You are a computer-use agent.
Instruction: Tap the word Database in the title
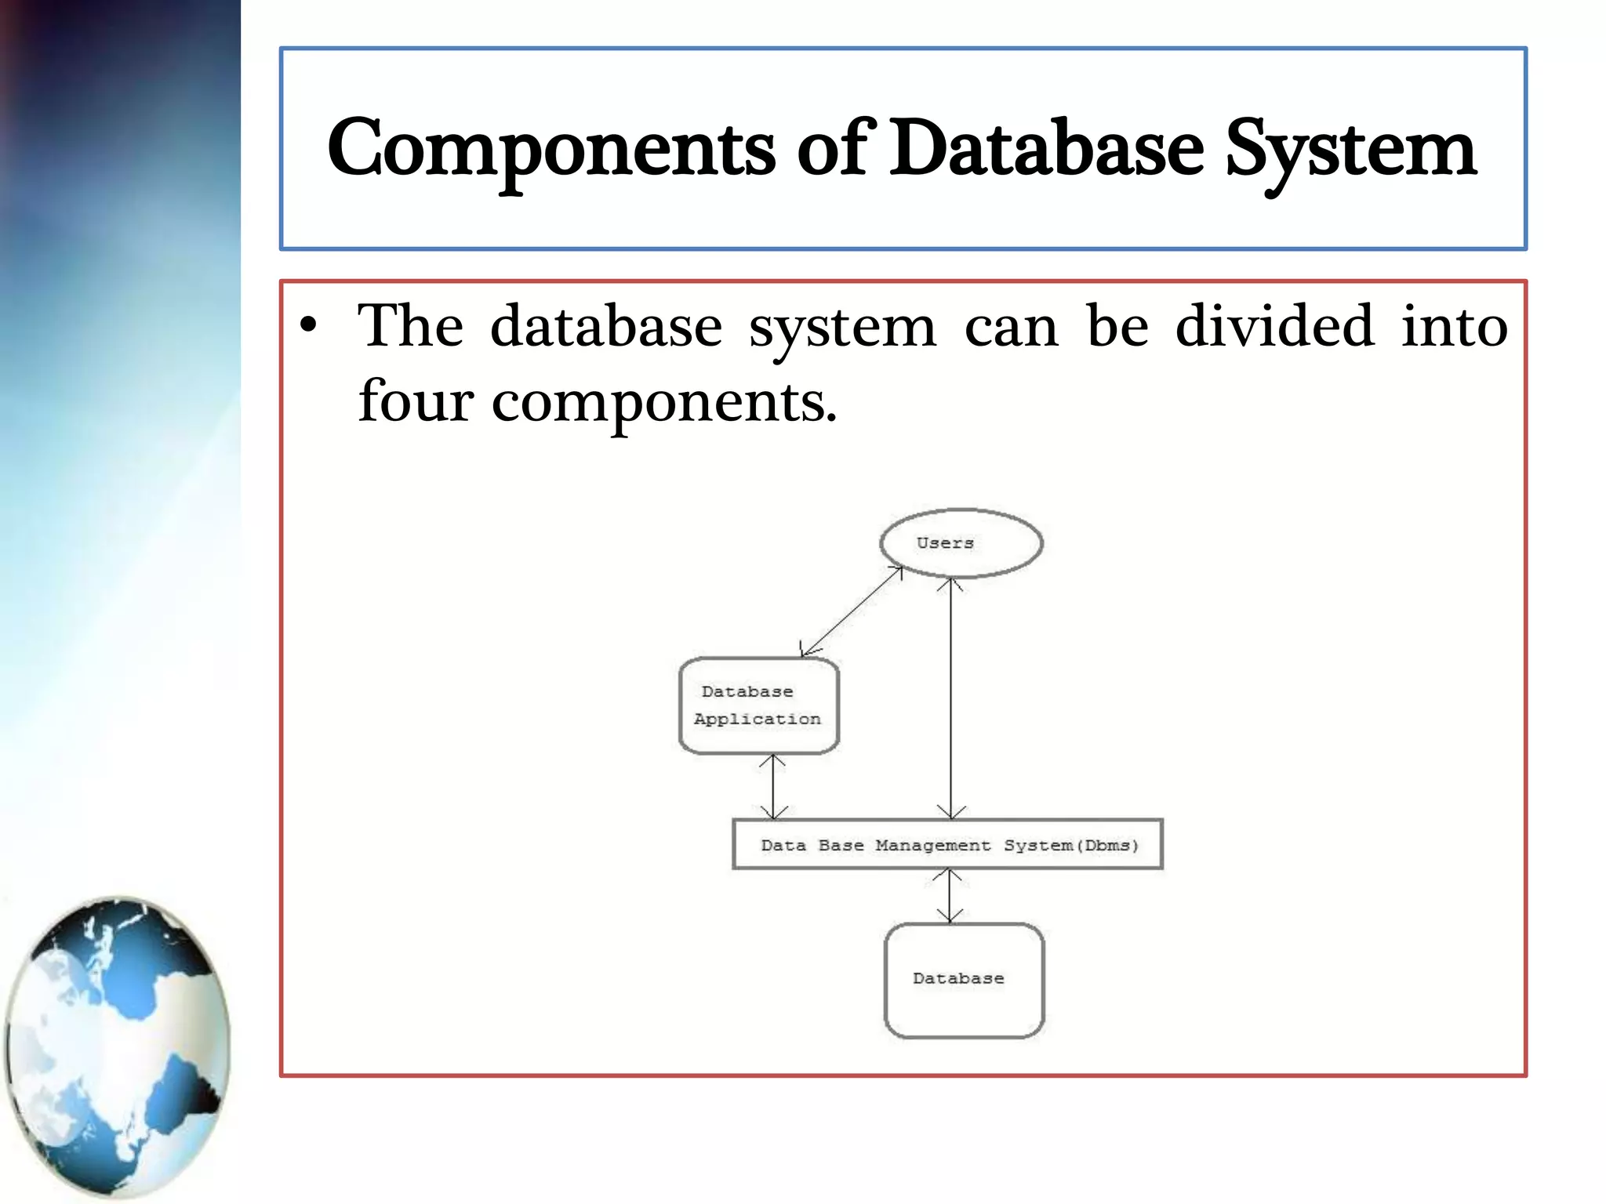click(x=1047, y=149)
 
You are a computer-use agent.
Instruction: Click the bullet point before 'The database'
click(x=310, y=325)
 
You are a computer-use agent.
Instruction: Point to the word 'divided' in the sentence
click(x=1274, y=325)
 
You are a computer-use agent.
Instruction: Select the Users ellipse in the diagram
click(x=961, y=543)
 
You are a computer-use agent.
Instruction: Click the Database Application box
click(x=758, y=705)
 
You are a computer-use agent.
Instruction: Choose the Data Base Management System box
click(x=947, y=844)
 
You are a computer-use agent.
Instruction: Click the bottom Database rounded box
click(x=964, y=980)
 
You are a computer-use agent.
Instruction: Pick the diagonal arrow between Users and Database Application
click(x=852, y=611)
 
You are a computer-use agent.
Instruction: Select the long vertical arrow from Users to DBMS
click(x=950, y=698)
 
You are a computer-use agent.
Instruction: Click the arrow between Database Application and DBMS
click(x=773, y=786)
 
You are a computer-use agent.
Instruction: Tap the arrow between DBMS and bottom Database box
click(x=950, y=895)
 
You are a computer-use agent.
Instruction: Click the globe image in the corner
click(x=118, y=1046)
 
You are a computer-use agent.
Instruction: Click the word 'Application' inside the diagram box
click(x=757, y=720)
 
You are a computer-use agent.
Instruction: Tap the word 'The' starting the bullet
click(x=410, y=325)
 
